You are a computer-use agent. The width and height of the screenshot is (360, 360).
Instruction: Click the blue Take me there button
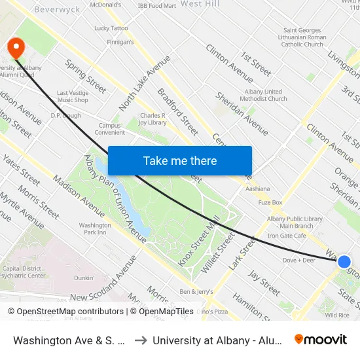(x=180, y=160)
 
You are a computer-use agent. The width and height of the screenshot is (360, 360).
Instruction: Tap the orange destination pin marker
(x=14, y=48)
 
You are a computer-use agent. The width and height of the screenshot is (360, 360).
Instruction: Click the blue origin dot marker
(x=344, y=261)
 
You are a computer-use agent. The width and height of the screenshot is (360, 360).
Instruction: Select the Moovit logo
(x=321, y=339)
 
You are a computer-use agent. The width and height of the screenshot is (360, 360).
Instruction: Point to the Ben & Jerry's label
(x=196, y=291)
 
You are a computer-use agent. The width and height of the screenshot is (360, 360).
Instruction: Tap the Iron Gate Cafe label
(x=287, y=236)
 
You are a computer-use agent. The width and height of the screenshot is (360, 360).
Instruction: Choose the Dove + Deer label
(x=298, y=260)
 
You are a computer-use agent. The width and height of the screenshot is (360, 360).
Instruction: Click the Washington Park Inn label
(x=95, y=228)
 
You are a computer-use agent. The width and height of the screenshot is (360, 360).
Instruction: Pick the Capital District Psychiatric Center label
(x=24, y=272)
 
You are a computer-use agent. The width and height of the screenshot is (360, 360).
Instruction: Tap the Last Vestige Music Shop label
(x=72, y=96)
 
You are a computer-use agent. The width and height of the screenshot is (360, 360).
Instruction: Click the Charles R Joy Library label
(x=153, y=119)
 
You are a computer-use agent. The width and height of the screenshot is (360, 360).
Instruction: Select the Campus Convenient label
(x=110, y=129)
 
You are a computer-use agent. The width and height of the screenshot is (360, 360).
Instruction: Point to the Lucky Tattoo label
(x=111, y=28)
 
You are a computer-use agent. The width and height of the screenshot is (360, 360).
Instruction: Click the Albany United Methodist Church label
(x=264, y=95)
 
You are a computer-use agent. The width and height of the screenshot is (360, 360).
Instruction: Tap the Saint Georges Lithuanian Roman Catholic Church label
(x=303, y=37)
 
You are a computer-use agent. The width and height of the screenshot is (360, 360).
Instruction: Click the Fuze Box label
(x=270, y=202)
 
